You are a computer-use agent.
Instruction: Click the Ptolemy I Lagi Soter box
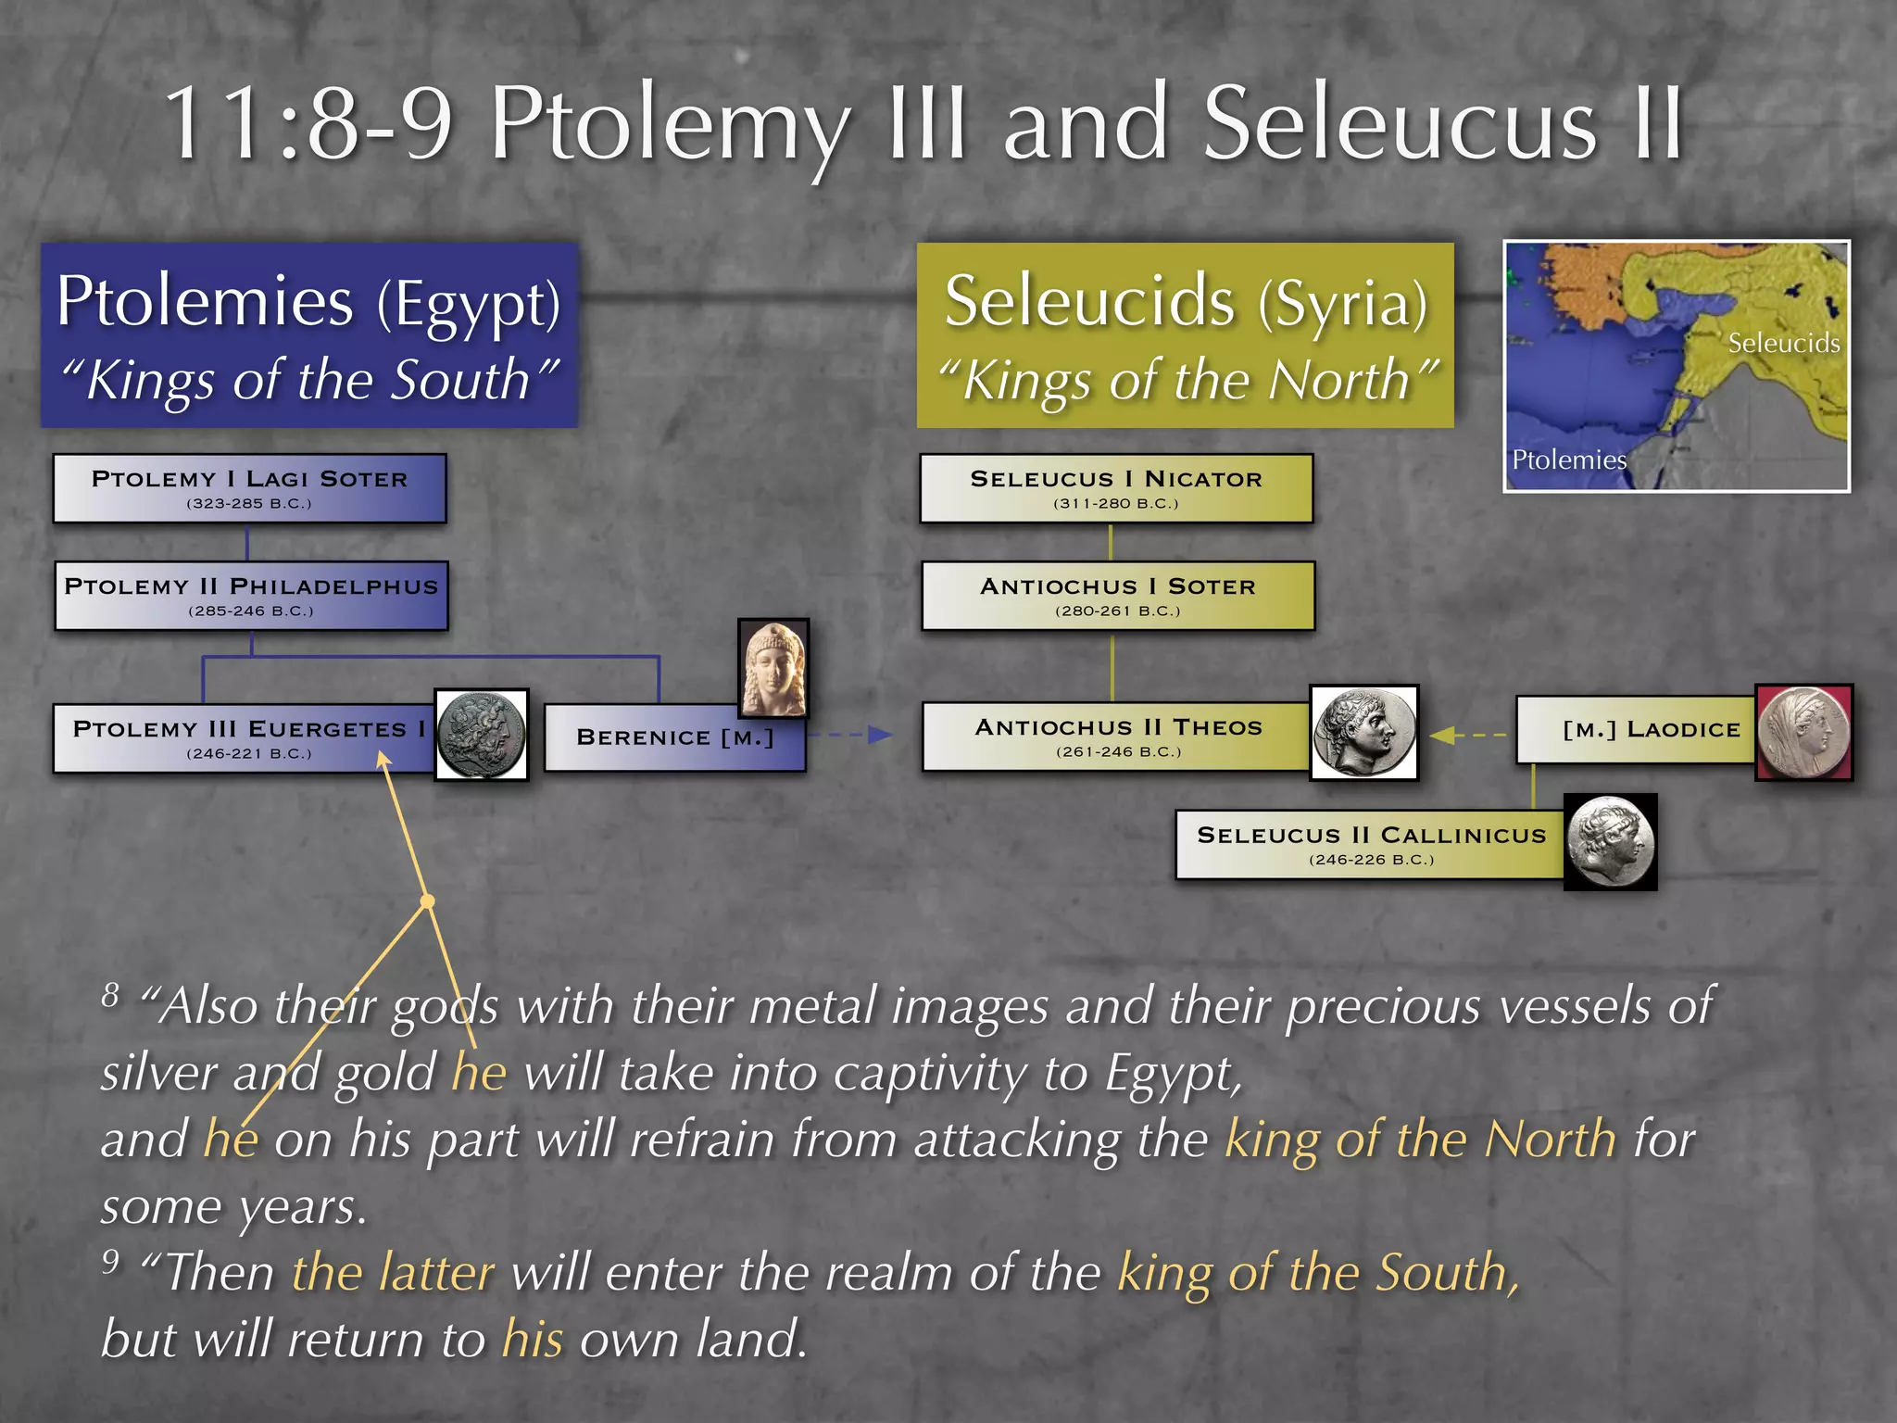click(x=249, y=488)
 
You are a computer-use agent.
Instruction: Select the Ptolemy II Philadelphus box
click(x=251, y=596)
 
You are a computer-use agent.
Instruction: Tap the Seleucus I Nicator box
click(x=1116, y=488)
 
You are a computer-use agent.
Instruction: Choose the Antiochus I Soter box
click(x=1118, y=596)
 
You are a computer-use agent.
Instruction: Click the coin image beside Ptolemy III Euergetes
click(x=482, y=735)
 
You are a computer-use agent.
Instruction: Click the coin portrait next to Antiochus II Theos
click(x=1363, y=733)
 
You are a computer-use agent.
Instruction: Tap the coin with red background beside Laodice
click(x=1803, y=732)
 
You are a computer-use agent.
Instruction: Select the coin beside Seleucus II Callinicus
click(x=1610, y=842)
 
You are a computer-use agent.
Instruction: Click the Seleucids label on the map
click(x=1783, y=343)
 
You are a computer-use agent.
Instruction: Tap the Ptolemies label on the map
click(x=1568, y=460)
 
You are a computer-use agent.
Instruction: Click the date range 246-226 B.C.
click(x=1371, y=860)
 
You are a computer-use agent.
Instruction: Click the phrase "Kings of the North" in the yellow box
click(x=1187, y=380)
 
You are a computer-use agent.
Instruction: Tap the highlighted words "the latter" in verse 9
click(x=393, y=1272)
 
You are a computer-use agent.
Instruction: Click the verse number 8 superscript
click(x=111, y=995)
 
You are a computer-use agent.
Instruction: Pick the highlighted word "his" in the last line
click(x=532, y=1340)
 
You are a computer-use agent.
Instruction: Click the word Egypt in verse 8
click(x=1172, y=1075)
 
